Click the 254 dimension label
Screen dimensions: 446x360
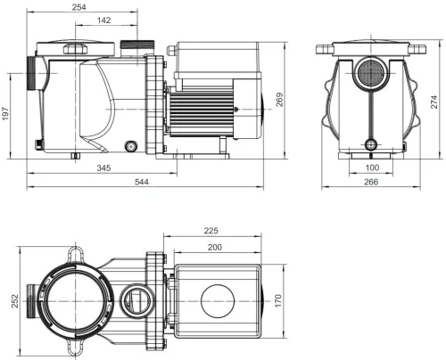(x=79, y=7)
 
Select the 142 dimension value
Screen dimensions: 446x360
(x=103, y=20)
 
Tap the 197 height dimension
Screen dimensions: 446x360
(x=5, y=114)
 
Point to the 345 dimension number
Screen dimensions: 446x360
(x=103, y=168)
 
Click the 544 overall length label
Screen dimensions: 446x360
(x=142, y=182)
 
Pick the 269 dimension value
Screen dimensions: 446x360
(x=279, y=100)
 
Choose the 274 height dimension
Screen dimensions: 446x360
(x=434, y=102)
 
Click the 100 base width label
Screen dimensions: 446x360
(x=372, y=168)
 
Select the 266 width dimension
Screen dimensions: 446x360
(x=371, y=182)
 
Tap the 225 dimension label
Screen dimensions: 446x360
(x=211, y=231)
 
